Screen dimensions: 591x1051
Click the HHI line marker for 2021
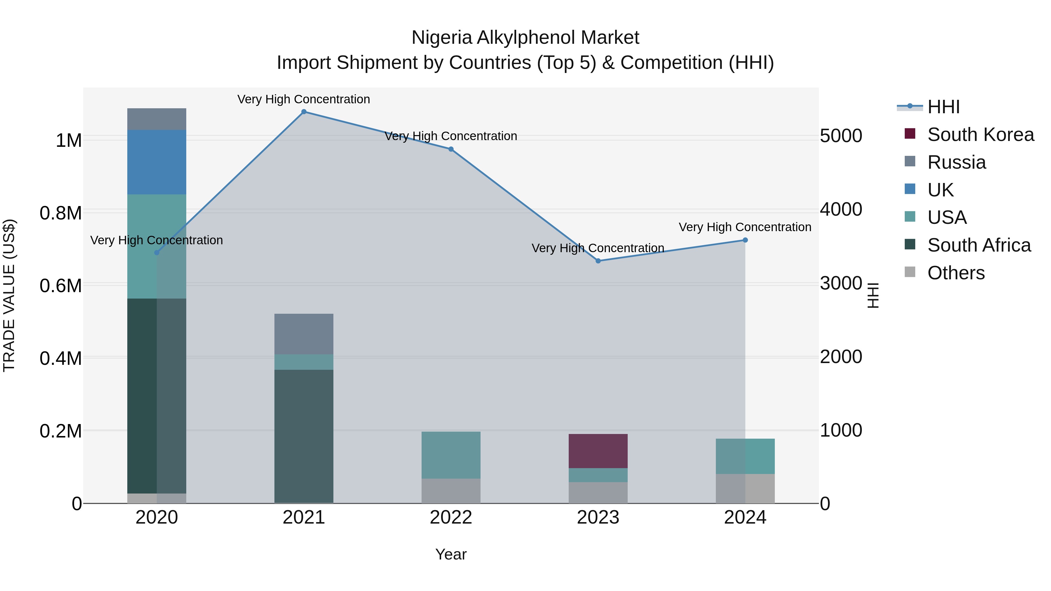[x=304, y=112]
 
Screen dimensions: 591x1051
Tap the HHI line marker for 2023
[x=598, y=261]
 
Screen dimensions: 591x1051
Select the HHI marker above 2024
[x=745, y=240]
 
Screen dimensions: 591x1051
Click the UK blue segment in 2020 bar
[x=157, y=162]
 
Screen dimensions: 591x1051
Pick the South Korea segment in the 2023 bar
[x=598, y=451]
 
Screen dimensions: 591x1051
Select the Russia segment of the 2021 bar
[x=304, y=334]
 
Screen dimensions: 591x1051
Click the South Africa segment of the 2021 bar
[x=304, y=436]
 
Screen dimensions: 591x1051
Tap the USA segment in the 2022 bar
[x=451, y=455]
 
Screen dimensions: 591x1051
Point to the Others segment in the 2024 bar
[x=745, y=489]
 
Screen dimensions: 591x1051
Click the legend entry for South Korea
[x=980, y=135]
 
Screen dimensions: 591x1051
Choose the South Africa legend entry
[x=979, y=245]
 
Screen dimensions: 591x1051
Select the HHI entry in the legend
[x=943, y=107]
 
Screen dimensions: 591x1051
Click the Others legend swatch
[x=910, y=272]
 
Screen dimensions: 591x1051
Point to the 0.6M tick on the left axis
[x=61, y=285]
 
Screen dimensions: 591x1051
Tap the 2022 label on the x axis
[x=451, y=517]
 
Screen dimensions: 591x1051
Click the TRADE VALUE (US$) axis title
[x=9, y=295]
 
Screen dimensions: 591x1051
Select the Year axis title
[x=451, y=554]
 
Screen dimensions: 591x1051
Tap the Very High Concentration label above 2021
[x=304, y=99]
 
